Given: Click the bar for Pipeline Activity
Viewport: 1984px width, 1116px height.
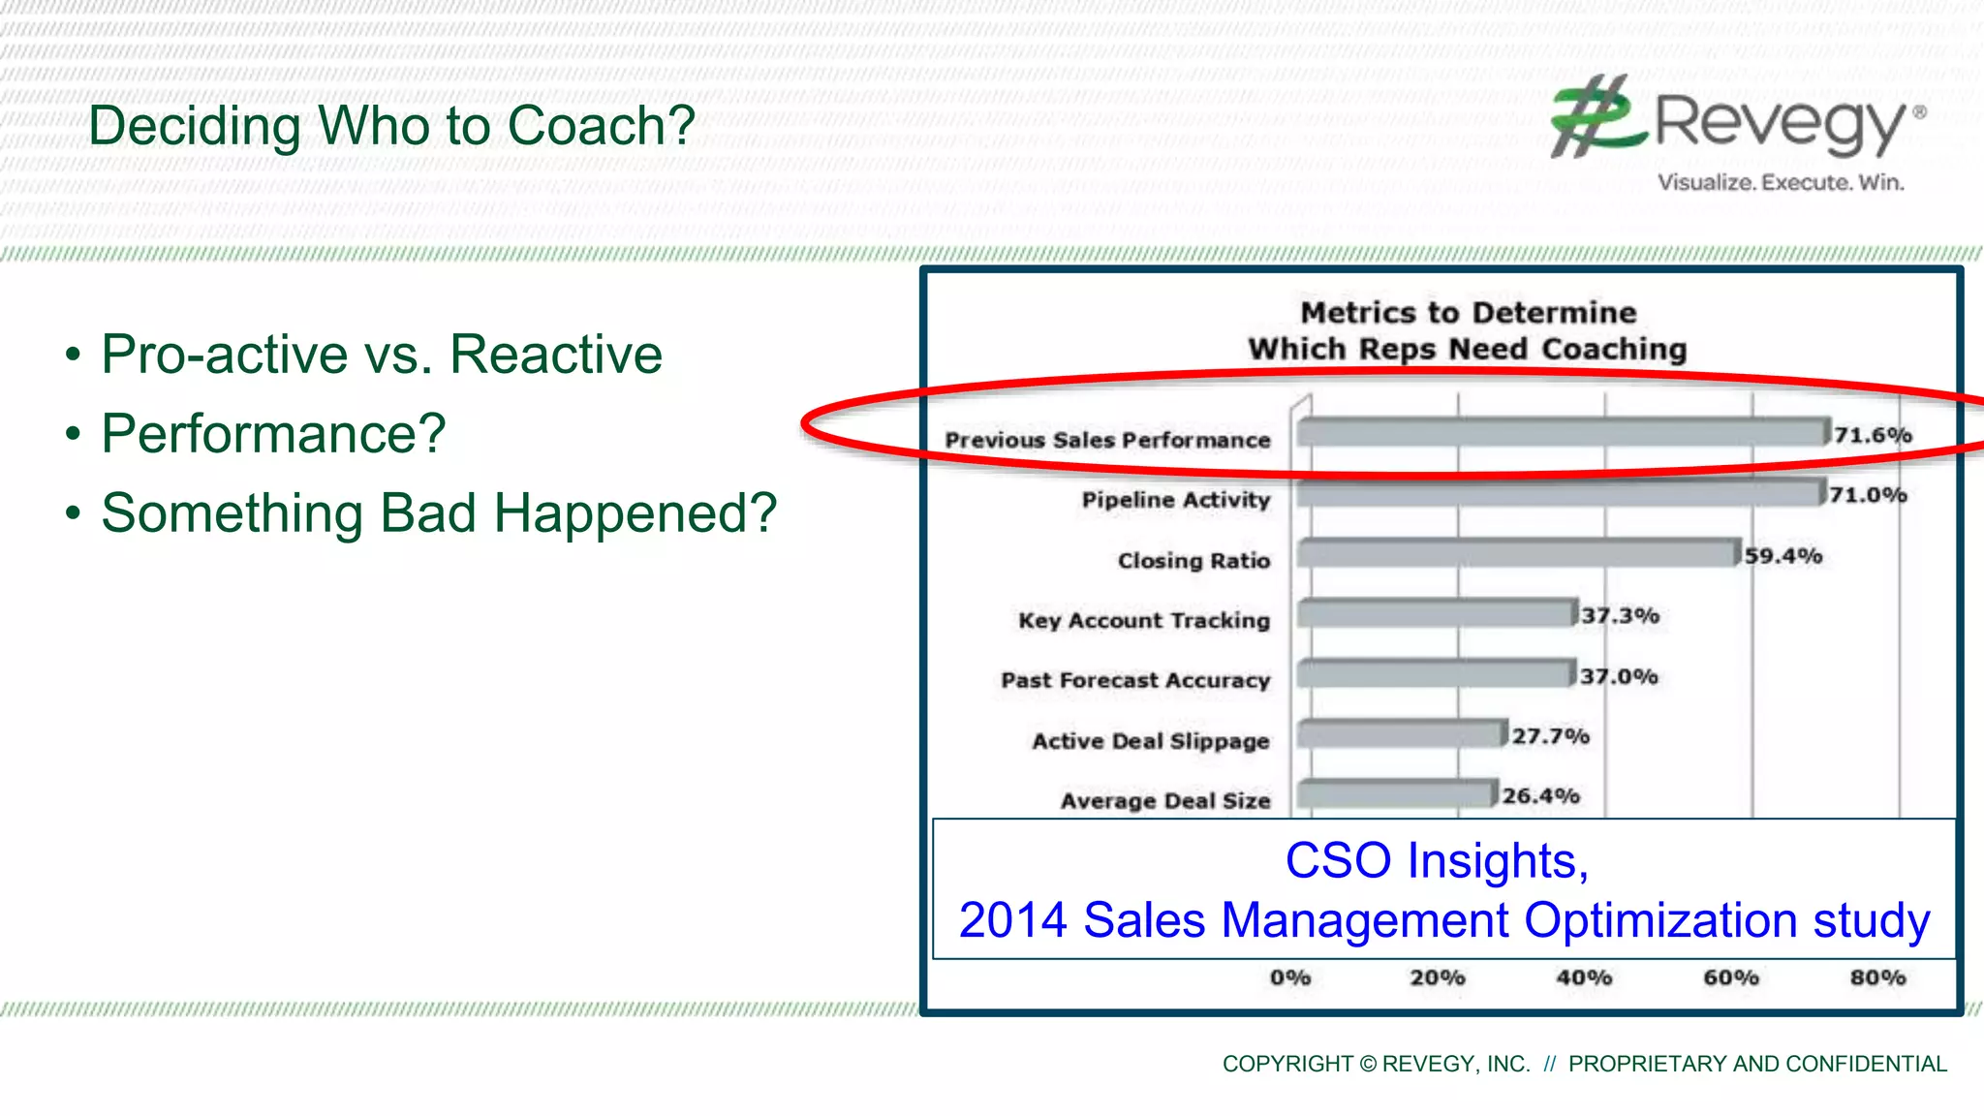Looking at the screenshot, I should pyautogui.click(x=1560, y=494).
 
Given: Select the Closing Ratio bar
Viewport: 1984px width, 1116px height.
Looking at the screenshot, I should pyautogui.click(x=1517, y=554).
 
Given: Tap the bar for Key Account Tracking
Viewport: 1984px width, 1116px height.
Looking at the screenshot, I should pyautogui.click(x=1436, y=614).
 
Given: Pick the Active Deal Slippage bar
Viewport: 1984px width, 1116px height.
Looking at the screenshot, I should pyautogui.click(x=1402, y=734).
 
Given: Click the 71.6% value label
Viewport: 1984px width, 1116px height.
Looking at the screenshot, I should pyautogui.click(x=1873, y=435).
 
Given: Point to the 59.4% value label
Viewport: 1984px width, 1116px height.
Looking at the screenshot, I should pyautogui.click(x=1783, y=556).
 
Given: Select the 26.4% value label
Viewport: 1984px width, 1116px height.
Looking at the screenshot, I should pyautogui.click(x=1540, y=796).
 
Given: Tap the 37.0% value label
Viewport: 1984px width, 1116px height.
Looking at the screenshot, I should pyautogui.click(x=1619, y=676).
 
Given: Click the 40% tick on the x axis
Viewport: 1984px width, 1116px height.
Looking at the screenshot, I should pyautogui.click(x=1584, y=977).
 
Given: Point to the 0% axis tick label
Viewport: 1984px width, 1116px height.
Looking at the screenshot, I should pyautogui.click(x=1290, y=977).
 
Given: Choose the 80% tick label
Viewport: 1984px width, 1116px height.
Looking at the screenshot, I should pyautogui.click(x=1877, y=977).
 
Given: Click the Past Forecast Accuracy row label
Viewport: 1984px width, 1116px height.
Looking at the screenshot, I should pyautogui.click(x=1135, y=680).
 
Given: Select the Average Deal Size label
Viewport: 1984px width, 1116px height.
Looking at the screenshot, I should pyautogui.click(x=1165, y=801).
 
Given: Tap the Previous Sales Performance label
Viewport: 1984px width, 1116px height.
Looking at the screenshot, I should pyautogui.click(x=1107, y=440).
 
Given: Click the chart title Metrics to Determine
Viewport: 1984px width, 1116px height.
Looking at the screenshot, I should pyautogui.click(x=1468, y=313).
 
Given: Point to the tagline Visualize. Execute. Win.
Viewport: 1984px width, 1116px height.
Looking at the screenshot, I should pyautogui.click(x=1781, y=182).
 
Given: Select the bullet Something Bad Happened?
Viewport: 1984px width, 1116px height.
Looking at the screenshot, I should pyautogui.click(x=439, y=512).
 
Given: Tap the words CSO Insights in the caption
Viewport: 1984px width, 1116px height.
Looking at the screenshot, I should pyautogui.click(x=1437, y=860).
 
